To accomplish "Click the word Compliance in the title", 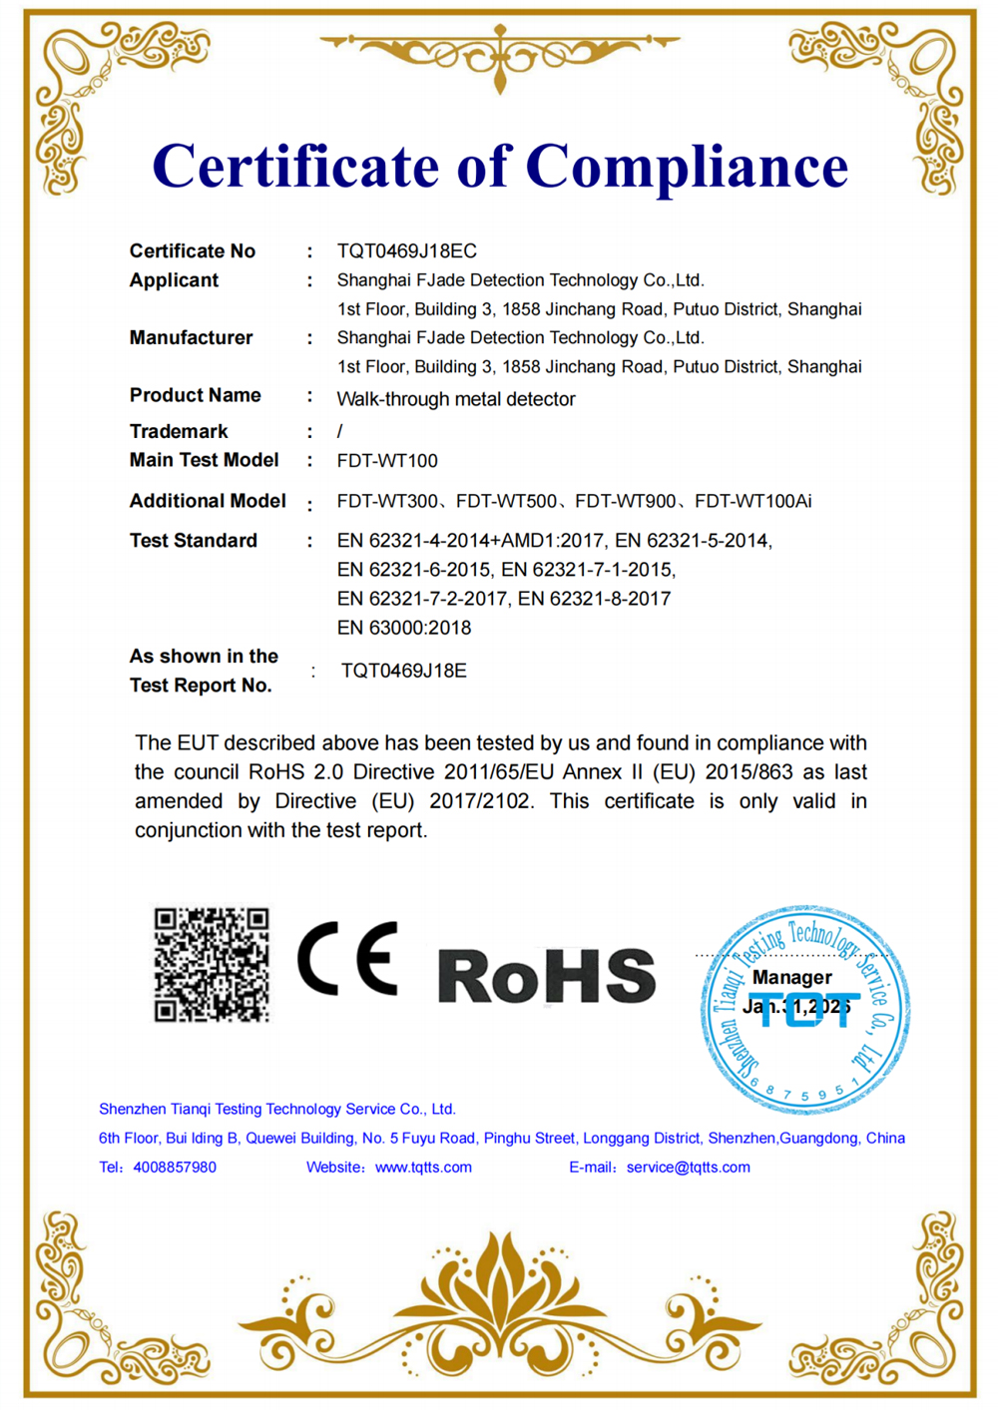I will tap(687, 167).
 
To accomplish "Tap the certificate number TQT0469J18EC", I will tap(406, 251).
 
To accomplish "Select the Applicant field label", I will tap(174, 280).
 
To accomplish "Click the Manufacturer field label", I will tap(191, 338).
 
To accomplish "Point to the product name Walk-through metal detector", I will tap(456, 399).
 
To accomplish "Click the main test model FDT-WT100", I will tap(387, 461).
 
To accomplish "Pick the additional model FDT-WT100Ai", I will tap(752, 501).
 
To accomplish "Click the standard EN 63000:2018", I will tap(404, 628).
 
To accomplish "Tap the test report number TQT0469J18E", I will tap(403, 671).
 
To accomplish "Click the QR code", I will tap(212, 964).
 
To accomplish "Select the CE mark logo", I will tap(348, 958).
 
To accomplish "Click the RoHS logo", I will tap(546, 975).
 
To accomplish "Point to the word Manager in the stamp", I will tap(791, 978).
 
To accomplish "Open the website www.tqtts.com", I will tap(423, 1168).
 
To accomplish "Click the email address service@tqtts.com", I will tap(688, 1168).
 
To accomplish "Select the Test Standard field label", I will tap(194, 541).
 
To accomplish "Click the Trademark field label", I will tap(179, 431).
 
